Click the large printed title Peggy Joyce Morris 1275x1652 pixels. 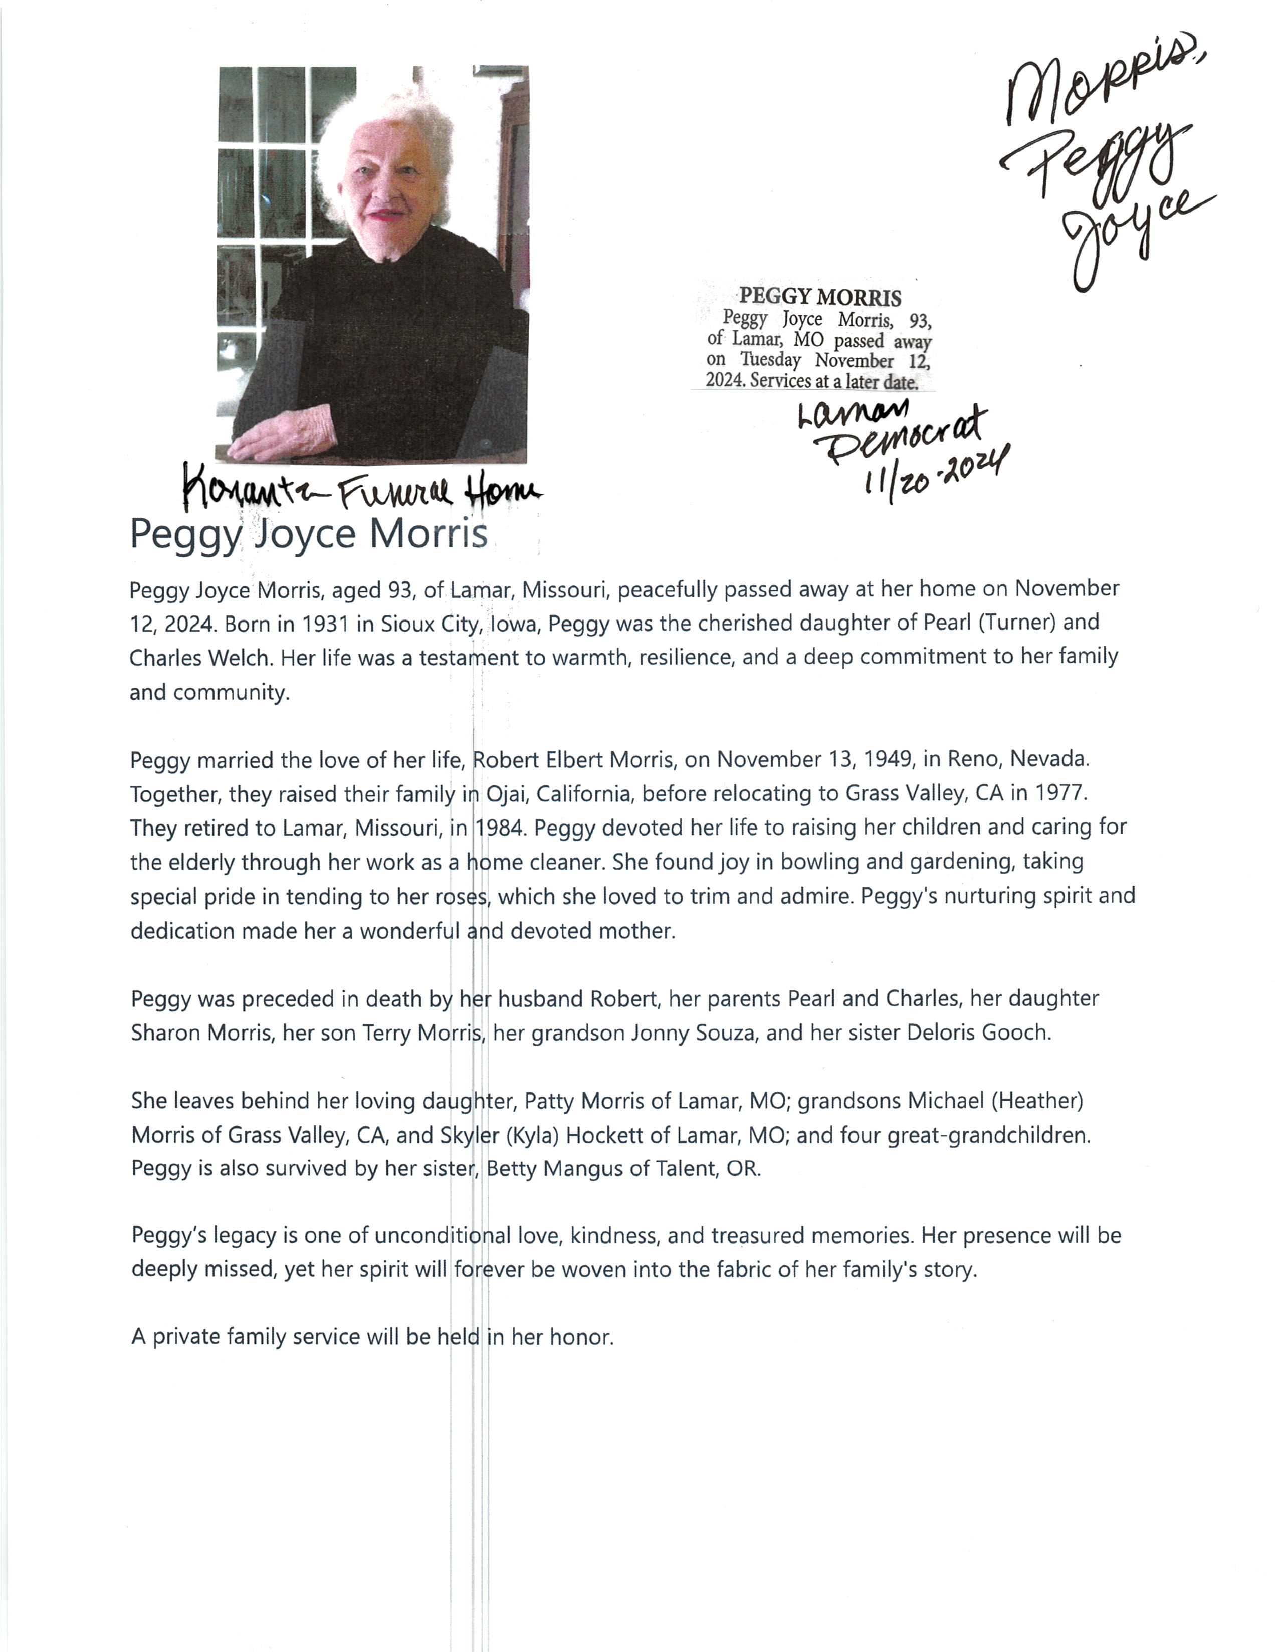pyautogui.click(x=309, y=534)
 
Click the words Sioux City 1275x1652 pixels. pyautogui.click(x=431, y=624)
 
